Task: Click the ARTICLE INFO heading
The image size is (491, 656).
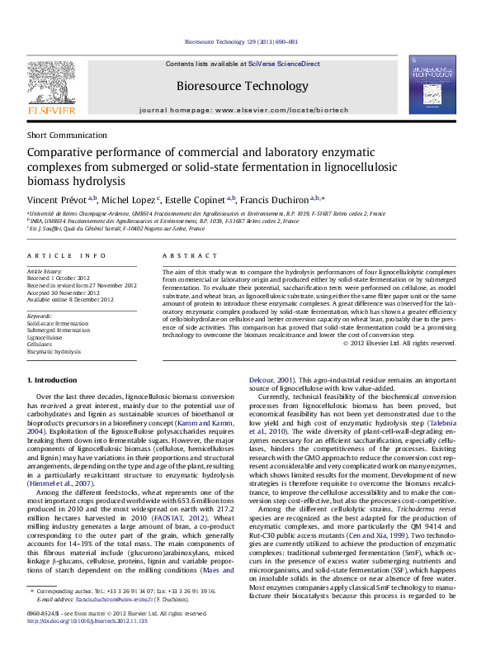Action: [66, 257]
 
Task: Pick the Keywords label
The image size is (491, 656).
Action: [40, 316]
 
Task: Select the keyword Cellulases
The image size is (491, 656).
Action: [42, 345]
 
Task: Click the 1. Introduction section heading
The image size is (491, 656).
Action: [52, 379]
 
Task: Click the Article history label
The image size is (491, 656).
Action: [45, 271]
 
